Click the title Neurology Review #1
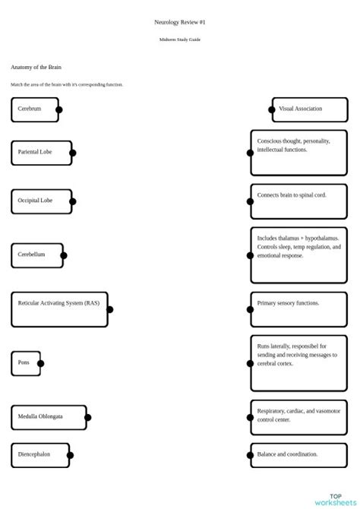click(x=179, y=23)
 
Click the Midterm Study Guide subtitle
click(x=179, y=40)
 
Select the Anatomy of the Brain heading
click(x=36, y=68)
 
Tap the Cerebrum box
click(x=34, y=109)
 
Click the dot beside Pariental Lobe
click(x=73, y=153)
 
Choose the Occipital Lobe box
click(x=41, y=201)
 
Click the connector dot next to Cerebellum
click(x=64, y=255)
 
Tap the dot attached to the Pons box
click(x=41, y=363)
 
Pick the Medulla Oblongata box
click(x=48, y=417)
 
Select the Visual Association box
click(x=309, y=109)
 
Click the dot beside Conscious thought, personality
click(x=250, y=153)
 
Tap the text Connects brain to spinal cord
click(x=292, y=195)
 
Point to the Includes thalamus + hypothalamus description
click(x=298, y=247)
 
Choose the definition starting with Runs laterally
click(x=296, y=355)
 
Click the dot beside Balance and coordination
click(x=250, y=456)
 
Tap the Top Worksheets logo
click(x=335, y=498)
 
